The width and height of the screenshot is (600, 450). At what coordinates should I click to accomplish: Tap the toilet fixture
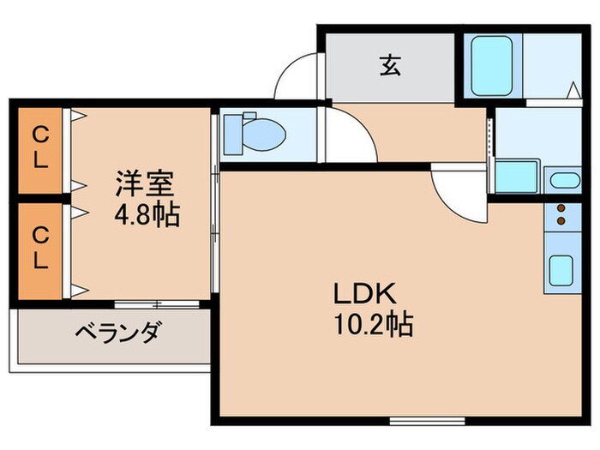pos(261,133)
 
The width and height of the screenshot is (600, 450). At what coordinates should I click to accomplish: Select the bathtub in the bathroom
pos(494,65)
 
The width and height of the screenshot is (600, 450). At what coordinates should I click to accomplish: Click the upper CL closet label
pos(39,147)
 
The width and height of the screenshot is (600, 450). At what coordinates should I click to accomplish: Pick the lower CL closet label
pos(39,249)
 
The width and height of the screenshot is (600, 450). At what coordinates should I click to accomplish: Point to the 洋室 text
pos(146,185)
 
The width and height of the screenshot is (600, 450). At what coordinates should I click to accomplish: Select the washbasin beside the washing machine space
pos(563,180)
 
